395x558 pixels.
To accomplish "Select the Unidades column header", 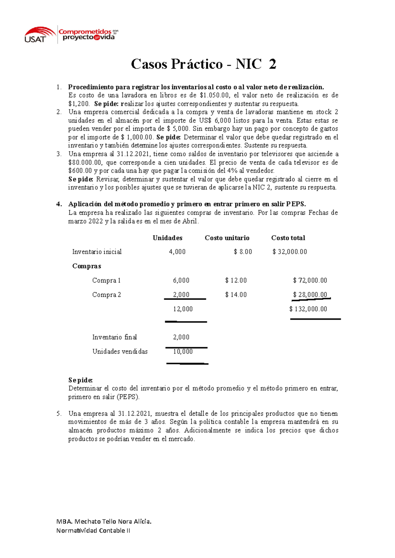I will (167, 238).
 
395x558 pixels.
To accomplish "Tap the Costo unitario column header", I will (227, 238).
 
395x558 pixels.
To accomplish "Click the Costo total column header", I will (288, 238).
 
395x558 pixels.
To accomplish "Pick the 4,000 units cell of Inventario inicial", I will (177, 252).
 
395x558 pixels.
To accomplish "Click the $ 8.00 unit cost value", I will (243, 252).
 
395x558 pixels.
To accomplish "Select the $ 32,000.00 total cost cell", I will (290, 252).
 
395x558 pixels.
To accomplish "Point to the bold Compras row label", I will (87, 266).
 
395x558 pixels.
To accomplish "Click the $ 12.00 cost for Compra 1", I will (236, 280).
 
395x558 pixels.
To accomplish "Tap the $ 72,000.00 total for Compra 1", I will (310, 280).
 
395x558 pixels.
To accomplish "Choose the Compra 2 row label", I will (106, 295).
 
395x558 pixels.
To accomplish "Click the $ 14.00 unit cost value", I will (236, 295).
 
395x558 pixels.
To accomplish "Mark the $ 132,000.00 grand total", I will (308, 309).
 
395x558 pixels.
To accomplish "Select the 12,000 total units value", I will (183, 309).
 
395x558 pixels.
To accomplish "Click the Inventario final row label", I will (114, 337).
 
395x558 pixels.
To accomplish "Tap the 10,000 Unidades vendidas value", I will (183, 352).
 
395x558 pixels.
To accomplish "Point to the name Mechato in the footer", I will (88, 521).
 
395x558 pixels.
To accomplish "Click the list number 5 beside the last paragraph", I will (58, 414).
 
